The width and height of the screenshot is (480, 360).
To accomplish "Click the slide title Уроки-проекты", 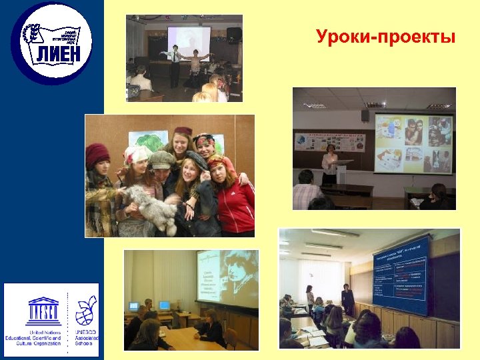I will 386,36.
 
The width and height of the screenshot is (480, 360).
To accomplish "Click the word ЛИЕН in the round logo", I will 57,54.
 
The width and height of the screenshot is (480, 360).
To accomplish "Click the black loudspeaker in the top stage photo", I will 234,33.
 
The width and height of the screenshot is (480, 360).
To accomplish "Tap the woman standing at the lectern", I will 329,163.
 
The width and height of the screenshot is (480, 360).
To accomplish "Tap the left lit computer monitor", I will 134,306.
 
